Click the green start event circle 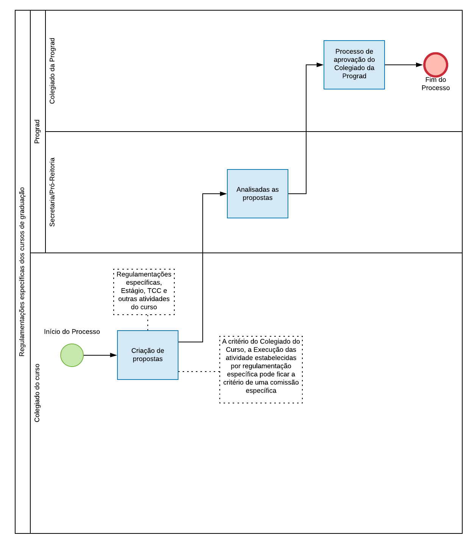tap(72, 355)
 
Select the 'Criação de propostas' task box tap(147, 355)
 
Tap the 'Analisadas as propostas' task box tap(257, 194)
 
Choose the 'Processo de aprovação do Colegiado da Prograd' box tap(354, 65)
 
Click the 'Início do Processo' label tap(72, 332)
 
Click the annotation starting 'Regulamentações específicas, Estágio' tap(144, 292)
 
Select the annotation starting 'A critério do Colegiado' tap(261, 369)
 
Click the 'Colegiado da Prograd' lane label tap(52, 71)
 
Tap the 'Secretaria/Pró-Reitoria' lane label tap(52, 192)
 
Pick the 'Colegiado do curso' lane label tap(37, 393)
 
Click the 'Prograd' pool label tap(37, 132)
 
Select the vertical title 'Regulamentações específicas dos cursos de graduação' tap(22, 272)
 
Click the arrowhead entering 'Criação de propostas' tap(114, 355)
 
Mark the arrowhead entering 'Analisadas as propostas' tap(224, 194)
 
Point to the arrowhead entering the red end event tap(419, 65)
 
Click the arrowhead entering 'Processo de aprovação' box tap(320, 65)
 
